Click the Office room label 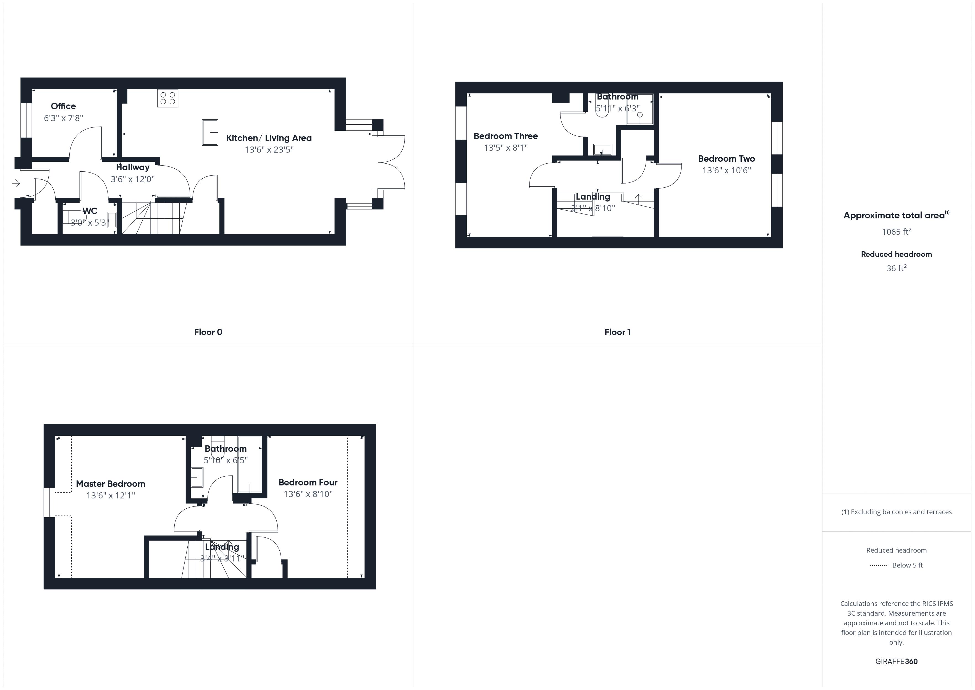[63, 106]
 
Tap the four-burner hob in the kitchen [168, 98]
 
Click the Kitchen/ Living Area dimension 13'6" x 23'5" [269, 150]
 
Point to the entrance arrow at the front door [16, 183]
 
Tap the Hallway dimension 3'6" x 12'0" [132, 179]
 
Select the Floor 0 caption [208, 332]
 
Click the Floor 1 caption [617, 332]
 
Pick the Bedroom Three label [505, 136]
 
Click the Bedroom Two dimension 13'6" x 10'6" [727, 170]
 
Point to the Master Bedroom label [111, 483]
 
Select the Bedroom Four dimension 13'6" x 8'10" [308, 494]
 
